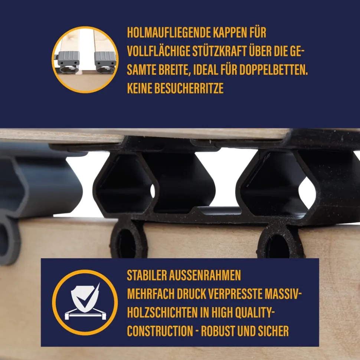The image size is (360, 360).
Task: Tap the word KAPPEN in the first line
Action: coord(227,33)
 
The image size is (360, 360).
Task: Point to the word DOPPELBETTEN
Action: coord(274,70)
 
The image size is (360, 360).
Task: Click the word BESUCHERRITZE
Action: coord(189,88)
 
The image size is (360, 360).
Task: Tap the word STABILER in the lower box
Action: coord(147,275)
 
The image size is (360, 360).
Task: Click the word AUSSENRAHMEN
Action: coord(205,275)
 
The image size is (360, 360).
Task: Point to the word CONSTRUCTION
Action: coord(160,331)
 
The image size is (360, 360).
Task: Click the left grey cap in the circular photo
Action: coord(68,62)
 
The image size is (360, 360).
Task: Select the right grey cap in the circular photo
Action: coord(105,62)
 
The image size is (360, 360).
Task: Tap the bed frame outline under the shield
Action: coord(85,314)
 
